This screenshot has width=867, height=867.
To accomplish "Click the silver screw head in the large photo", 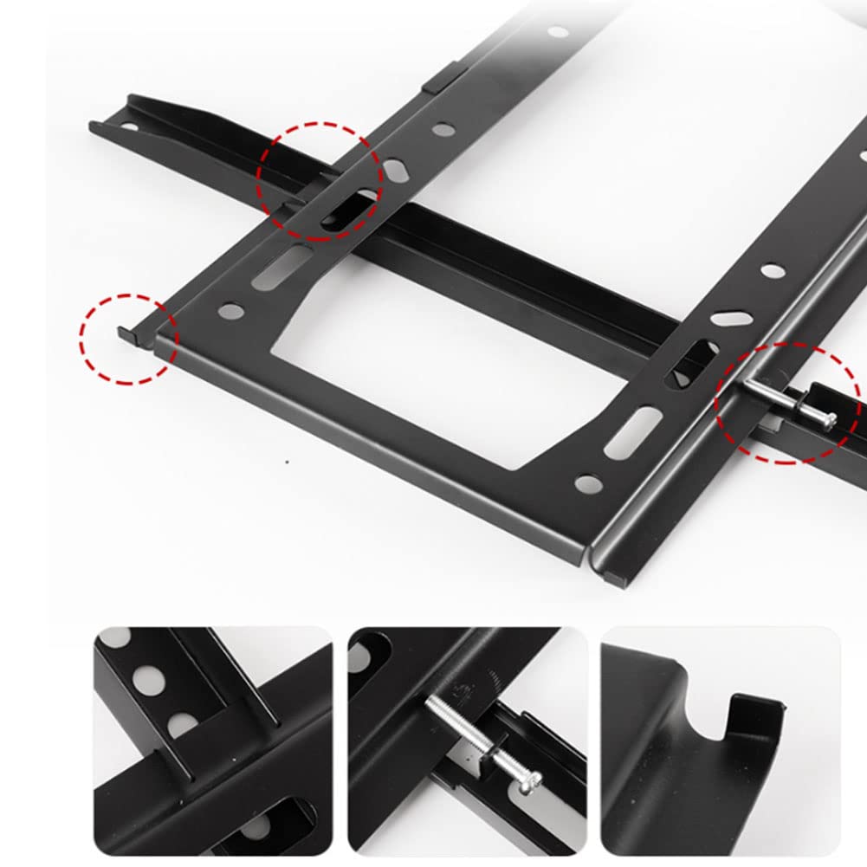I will [829, 421].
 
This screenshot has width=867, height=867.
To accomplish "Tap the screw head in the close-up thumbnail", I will [531, 780].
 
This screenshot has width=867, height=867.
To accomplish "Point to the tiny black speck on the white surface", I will [288, 462].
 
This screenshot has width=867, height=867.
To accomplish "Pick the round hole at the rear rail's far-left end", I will [129, 126].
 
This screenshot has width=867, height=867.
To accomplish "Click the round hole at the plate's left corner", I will [230, 308].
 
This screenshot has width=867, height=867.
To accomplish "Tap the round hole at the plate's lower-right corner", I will [588, 481].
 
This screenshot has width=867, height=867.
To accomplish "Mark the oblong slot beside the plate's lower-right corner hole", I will [633, 432].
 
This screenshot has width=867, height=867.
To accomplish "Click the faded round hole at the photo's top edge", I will [558, 32].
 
